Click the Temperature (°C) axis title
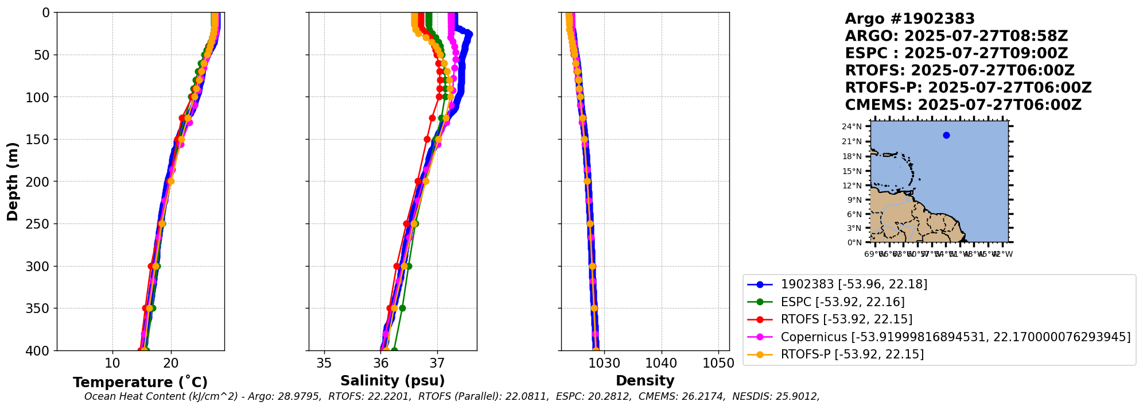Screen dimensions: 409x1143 [x=140, y=383]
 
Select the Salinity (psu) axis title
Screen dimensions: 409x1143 [x=392, y=381]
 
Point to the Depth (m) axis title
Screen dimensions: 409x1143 [x=13, y=182]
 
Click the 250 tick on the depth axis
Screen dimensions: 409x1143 [x=40, y=224]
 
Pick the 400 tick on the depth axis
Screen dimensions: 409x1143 [x=40, y=350]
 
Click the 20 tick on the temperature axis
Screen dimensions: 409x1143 [x=170, y=363]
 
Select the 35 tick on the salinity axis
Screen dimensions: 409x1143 [x=324, y=363]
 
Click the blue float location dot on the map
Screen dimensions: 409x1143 [x=946, y=136]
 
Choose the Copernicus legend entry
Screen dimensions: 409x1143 [x=955, y=337]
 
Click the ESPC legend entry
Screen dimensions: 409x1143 [x=842, y=302]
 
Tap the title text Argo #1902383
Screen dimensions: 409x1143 [x=909, y=19]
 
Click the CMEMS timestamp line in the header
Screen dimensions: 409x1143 [x=963, y=105]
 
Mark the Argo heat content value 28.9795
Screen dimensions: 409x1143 [x=302, y=396]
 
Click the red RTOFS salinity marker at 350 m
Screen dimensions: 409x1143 [x=390, y=308]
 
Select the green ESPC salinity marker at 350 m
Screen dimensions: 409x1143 [x=402, y=308]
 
